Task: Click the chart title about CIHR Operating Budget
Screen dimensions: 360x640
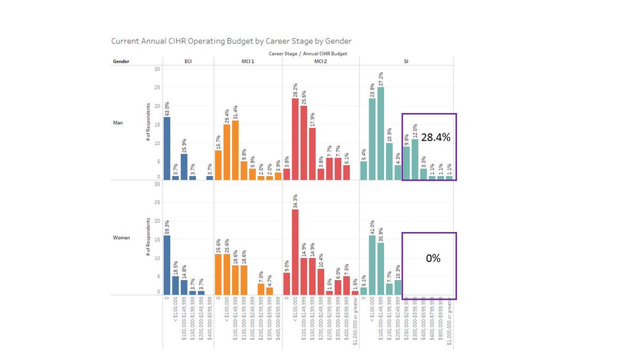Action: (231, 41)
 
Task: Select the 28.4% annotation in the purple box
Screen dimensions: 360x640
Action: (436, 138)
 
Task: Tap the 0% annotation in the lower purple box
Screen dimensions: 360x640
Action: (433, 258)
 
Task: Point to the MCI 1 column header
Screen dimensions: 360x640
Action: (247, 61)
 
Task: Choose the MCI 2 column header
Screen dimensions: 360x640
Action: (321, 61)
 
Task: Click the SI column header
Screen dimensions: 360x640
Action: (405, 61)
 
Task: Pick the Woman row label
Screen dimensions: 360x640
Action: (121, 237)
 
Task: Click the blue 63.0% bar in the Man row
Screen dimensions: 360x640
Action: (167, 148)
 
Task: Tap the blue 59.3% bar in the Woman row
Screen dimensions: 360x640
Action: (167, 265)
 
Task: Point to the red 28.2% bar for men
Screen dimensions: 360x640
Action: (295, 139)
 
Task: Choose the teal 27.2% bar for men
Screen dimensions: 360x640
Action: (380, 133)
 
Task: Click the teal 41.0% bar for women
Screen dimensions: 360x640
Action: (372, 265)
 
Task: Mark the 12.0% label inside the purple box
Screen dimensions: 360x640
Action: (415, 131)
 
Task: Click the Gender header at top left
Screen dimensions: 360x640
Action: (121, 61)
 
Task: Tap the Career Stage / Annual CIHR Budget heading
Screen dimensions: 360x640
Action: (308, 53)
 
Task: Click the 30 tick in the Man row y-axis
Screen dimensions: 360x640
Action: (157, 69)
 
